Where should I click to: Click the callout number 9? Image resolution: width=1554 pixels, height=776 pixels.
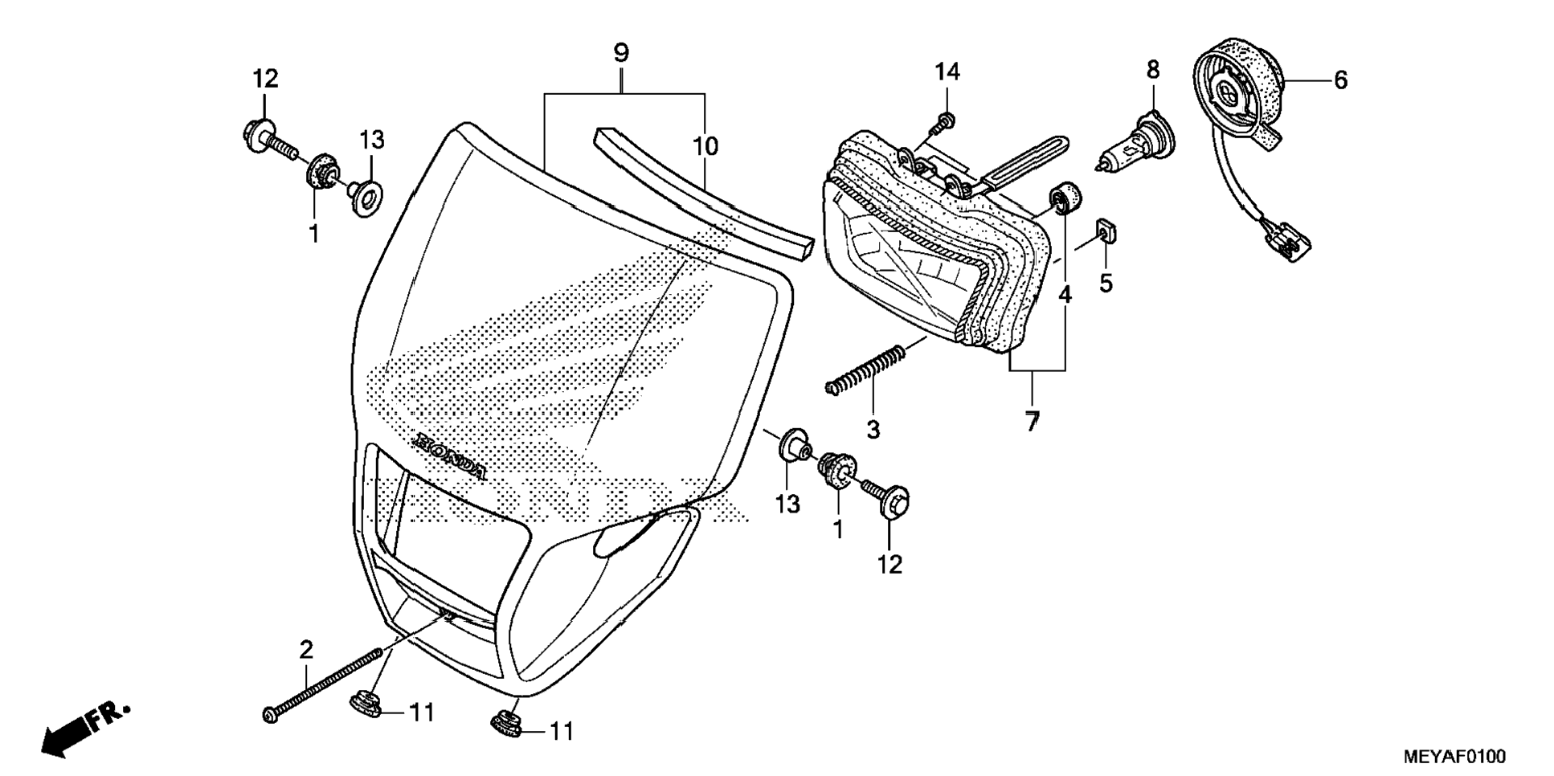point(620,53)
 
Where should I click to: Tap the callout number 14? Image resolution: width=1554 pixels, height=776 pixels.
point(947,72)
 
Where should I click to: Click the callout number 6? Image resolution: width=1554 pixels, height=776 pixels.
point(1340,80)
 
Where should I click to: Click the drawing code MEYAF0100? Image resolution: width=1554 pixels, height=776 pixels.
point(1454,756)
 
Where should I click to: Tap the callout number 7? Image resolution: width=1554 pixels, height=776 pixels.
point(1032,420)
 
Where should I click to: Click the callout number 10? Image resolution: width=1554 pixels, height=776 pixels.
point(705,147)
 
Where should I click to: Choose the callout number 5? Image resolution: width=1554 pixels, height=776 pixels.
point(1106,283)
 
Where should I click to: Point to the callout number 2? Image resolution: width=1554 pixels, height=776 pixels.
point(306,649)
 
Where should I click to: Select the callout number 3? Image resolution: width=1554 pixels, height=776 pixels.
point(873,429)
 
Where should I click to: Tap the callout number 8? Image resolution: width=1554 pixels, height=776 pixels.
point(1153,70)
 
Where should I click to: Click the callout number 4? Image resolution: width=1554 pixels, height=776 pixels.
point(1065,295)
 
